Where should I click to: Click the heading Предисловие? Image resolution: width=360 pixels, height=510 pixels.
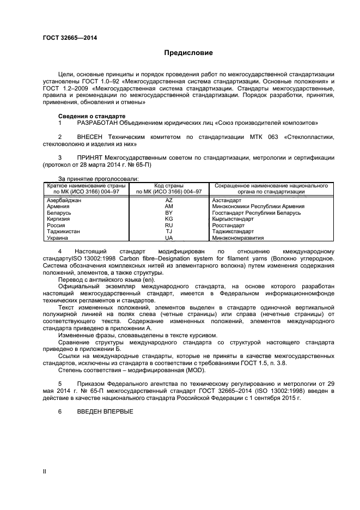tap(189, 53)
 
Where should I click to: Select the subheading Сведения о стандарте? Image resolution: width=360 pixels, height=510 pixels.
tap(91, 116)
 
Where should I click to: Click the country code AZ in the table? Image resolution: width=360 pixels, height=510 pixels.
tap(168, 201)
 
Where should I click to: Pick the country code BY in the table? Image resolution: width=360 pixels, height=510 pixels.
tap(168, 212)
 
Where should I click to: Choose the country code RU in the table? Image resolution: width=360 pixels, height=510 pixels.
tap(168, 225)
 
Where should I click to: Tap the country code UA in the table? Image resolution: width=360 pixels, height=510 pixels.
tap(168, 238)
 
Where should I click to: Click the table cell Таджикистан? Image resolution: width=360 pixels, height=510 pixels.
tap(64, 231)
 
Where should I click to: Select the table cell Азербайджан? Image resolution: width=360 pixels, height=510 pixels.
tap(64, 201)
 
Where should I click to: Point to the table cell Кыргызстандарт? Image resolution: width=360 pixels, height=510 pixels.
tap(234, 219)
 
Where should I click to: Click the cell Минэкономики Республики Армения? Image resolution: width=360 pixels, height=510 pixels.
tap(258, 207)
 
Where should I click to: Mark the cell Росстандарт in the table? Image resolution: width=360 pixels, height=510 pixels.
tap(228, 225)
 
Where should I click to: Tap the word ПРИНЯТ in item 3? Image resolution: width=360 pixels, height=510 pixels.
tap(90, 157)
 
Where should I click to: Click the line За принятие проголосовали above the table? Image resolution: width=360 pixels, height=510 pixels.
tap(98, 179)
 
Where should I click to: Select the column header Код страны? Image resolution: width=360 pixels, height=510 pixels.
tap(169, 185)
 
